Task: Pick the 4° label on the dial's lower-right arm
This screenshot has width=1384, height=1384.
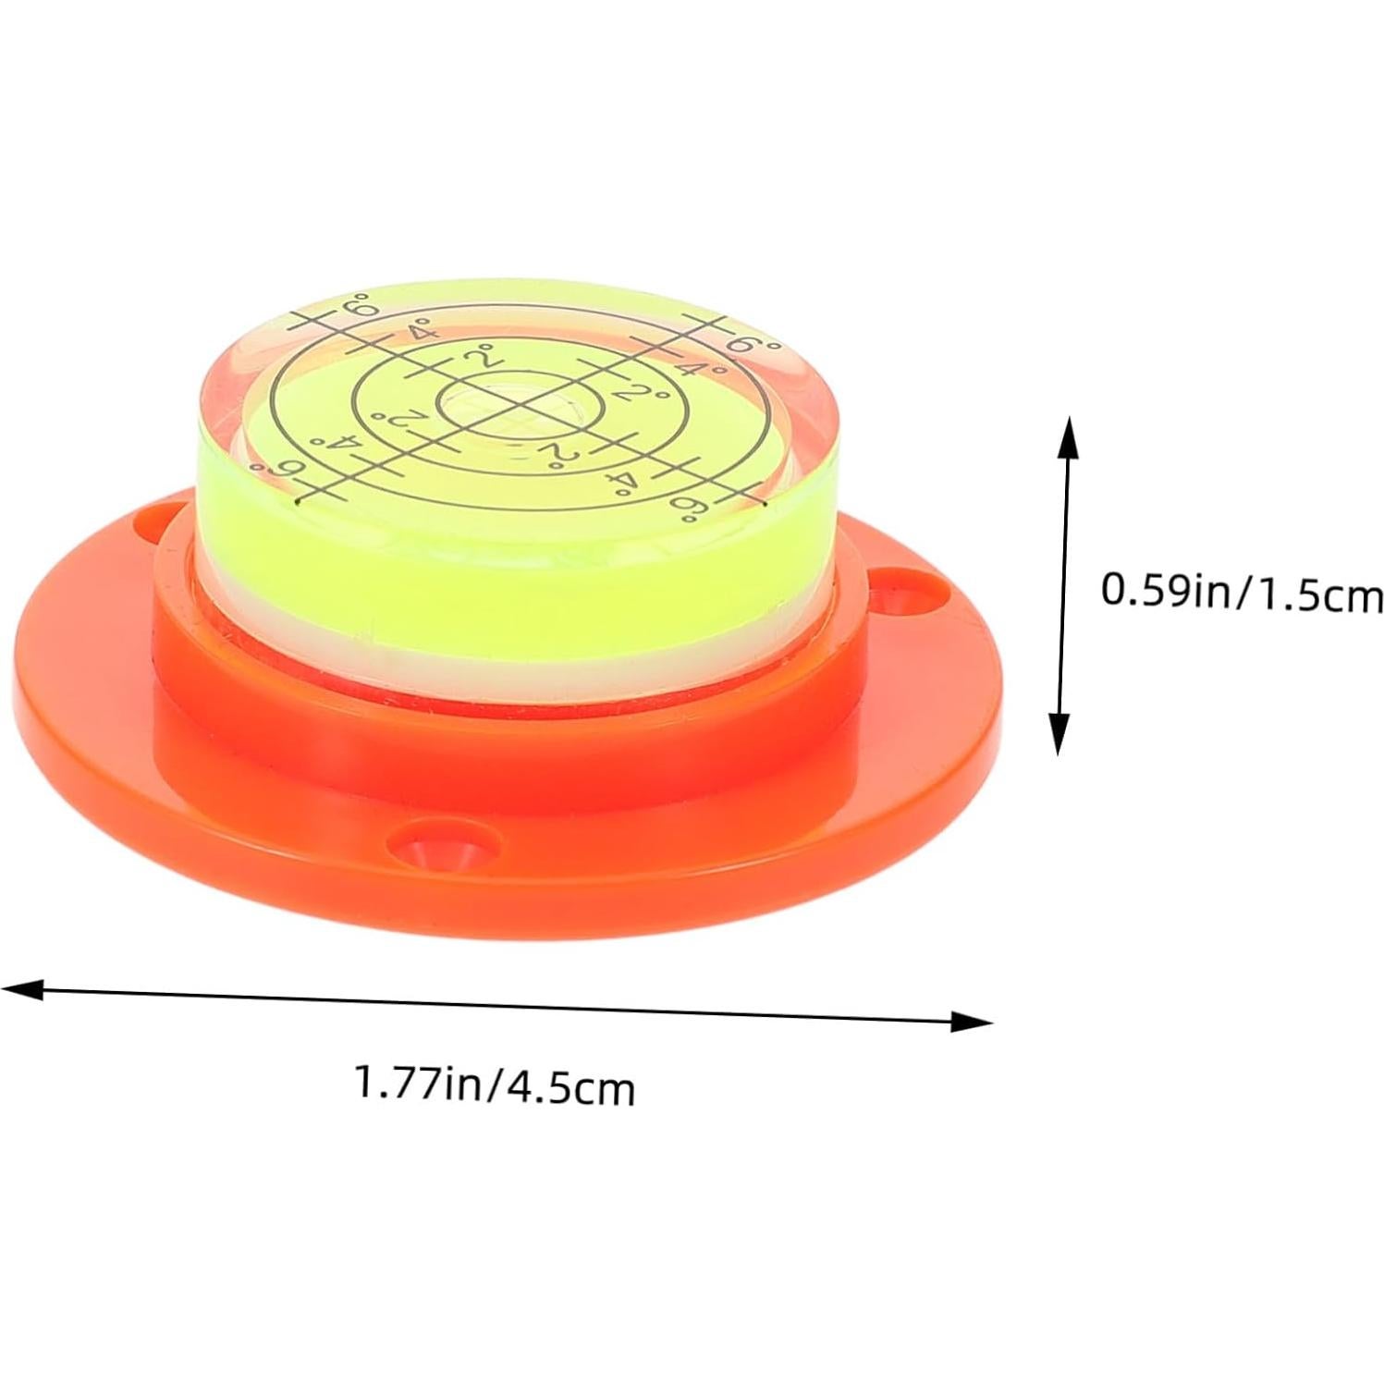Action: pos(618,480)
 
